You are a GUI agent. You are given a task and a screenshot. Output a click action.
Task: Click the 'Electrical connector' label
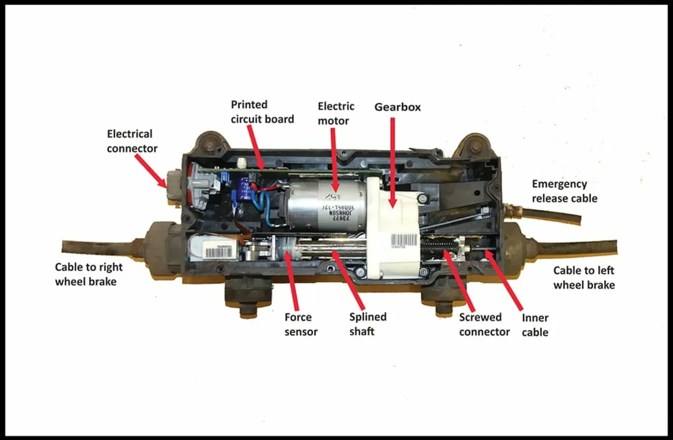(130, 141)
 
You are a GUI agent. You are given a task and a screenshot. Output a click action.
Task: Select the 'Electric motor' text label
(336, 113)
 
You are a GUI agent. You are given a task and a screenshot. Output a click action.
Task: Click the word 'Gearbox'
(397, 106)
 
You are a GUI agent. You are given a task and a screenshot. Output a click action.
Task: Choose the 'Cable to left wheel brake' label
(584, 277)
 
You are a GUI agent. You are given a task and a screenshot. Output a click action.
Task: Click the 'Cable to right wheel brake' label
(86, 274)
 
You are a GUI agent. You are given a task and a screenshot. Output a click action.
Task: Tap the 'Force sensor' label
(301, 324)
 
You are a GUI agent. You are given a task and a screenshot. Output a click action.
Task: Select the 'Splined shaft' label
(367, 324)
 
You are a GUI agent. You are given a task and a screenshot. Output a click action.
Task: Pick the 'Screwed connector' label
(484, 325)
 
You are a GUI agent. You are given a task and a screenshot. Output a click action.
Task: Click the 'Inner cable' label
(534, 325)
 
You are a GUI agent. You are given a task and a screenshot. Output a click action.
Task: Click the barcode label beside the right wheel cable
(215, 251)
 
